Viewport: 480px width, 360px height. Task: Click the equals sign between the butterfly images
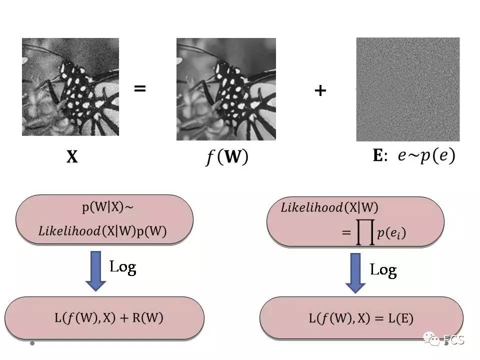(x=140, y=89)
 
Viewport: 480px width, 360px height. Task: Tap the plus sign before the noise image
(x=320, y=90)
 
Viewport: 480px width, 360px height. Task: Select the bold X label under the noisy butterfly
(x=72, y=157)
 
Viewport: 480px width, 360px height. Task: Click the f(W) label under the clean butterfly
(x=226, y=157)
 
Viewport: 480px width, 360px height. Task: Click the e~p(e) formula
(x=426, y=156)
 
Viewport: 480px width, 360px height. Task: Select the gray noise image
(x=407, y=89)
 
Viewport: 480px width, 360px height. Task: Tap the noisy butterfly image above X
(x=70, y=87)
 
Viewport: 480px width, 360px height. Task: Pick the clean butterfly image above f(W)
(x=226, y=89)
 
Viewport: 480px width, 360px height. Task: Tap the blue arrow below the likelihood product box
(x=355, y=273)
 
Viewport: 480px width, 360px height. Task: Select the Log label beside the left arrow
(x=123, y=266)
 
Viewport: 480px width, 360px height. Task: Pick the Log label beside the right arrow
(x=383, y=270)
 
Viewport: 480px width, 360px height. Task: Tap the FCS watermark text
(x=454, y=340)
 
